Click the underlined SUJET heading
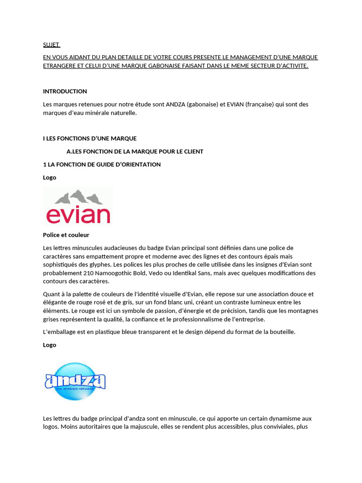click(x=51, y=45)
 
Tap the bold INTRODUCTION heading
click(x=65, y=91)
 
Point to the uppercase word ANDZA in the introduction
click(x=175, y=104)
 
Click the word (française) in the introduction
click(x=258, y=104)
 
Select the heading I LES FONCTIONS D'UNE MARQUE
click(x=90, y=138)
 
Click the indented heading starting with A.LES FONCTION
click(x=135, y=151)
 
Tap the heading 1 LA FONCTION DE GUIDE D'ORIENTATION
click(x=102, y=165)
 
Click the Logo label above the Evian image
click(x=49, y=177)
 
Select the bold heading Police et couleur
click(x=66, y=235)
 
